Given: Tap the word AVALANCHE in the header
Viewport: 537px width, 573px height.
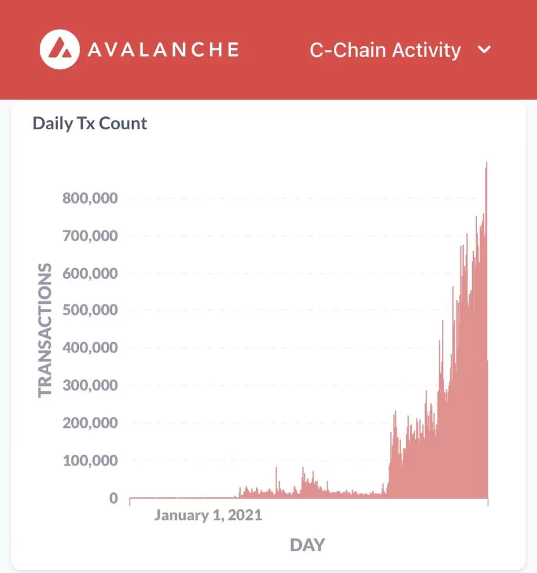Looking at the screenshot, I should (163, 50).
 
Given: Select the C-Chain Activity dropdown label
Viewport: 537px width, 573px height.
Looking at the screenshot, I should (385, 50).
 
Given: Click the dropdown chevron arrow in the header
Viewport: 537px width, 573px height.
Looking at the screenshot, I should (484, 49).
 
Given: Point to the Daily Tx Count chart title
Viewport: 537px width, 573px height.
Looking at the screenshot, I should (89, 123).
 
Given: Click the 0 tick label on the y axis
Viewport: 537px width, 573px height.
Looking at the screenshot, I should (113, 497).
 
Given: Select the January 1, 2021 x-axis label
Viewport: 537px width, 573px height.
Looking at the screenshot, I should (208, 515).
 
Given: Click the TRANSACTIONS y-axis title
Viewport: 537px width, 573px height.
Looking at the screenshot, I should (45, 330).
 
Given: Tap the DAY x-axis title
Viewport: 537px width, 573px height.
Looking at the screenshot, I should (307, 544).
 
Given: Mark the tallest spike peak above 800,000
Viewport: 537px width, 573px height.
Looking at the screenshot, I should (487, 163).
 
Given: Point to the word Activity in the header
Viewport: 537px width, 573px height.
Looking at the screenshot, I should (426, 50).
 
